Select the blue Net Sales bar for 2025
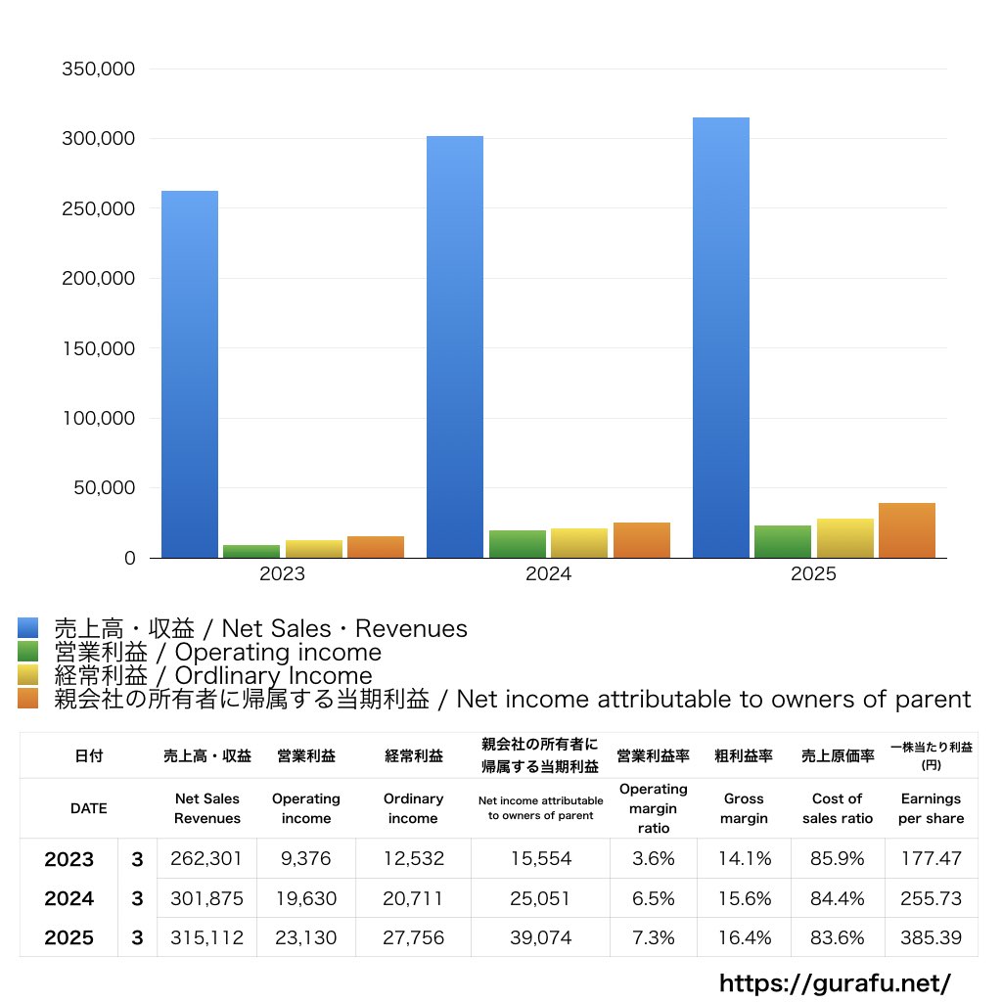point(721,338)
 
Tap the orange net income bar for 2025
point(907,530)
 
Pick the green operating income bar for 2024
point(518,544)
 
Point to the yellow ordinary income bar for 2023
point(314,549)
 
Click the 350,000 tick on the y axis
point(98,69)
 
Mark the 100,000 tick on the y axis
point(98,418)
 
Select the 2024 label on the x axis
point(548,574)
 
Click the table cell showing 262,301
point(205,859)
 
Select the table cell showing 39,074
point(540,937)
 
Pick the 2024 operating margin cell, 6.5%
point(654,898)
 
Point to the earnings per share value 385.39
point(931,937)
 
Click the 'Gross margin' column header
point(744,808)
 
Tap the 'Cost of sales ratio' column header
point(838,808)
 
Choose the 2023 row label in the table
point(69,859)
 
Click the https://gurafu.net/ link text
point(835,982)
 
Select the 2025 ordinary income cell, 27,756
point(413,937)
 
